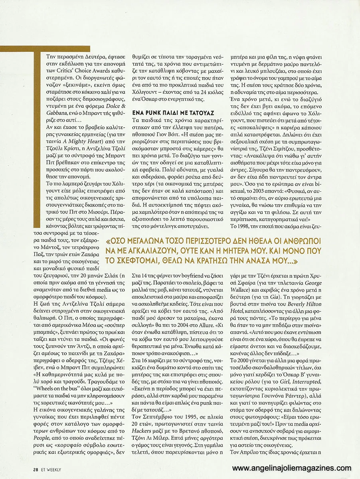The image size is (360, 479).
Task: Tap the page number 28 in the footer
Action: pyautogui.click(x=36, y=469)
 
